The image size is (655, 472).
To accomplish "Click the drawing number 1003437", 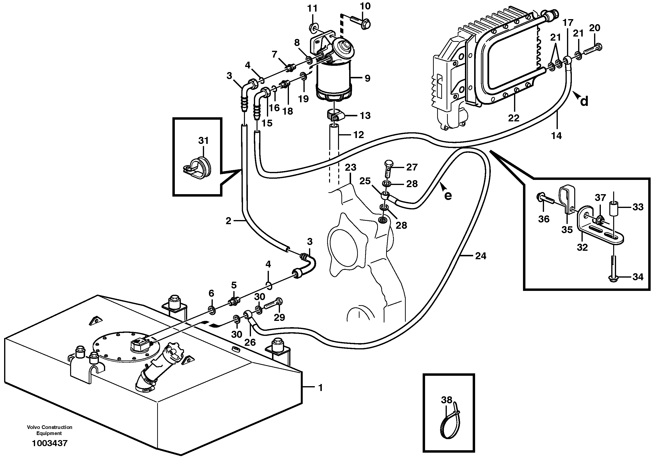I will tap(49, 443).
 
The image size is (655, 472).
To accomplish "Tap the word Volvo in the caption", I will tap(34, 427).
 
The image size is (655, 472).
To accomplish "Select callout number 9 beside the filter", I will tap(367, 78).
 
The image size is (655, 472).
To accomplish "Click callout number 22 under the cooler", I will tap(514, 118).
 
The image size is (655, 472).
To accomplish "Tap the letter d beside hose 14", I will tap(584, 102).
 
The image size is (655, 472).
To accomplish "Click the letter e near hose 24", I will tap(448, 196).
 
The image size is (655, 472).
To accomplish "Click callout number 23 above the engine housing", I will tap(351, 167).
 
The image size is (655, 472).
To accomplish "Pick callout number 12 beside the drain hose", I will tap(358, 135).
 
